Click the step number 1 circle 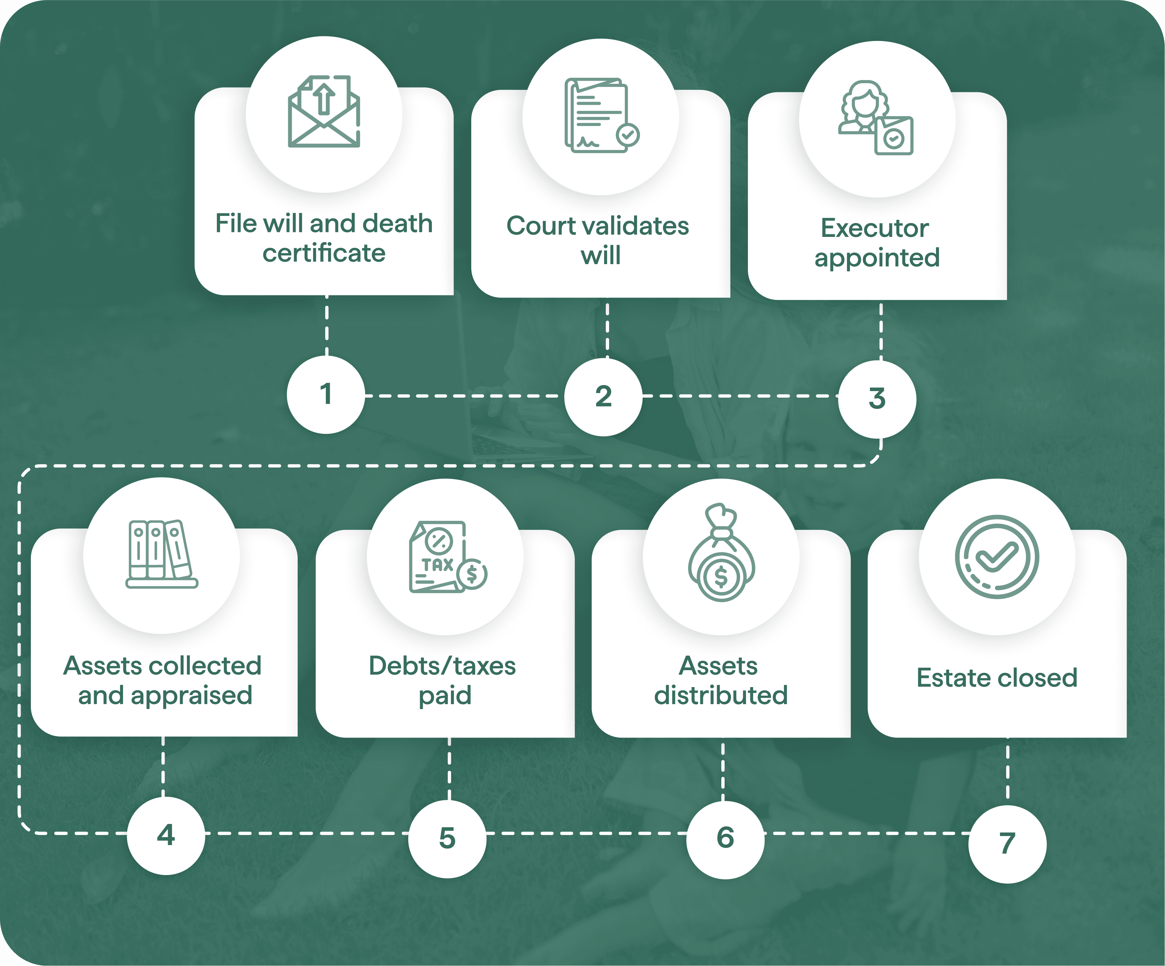tap(326, 395)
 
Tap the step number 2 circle tap(603, 397)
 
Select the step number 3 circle tap(877, 399)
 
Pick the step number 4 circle tap(166, 836)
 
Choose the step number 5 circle tap(447, 838)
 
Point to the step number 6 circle tap(725, 838)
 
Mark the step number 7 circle tap(1007, 844)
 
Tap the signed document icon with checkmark tap(601, 115)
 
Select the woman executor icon tap(876, 117)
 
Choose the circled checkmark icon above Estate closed tap(997, 557)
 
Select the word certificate tap(324, 253)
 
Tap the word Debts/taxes tap(442, 666)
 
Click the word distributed tap(721, 695)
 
